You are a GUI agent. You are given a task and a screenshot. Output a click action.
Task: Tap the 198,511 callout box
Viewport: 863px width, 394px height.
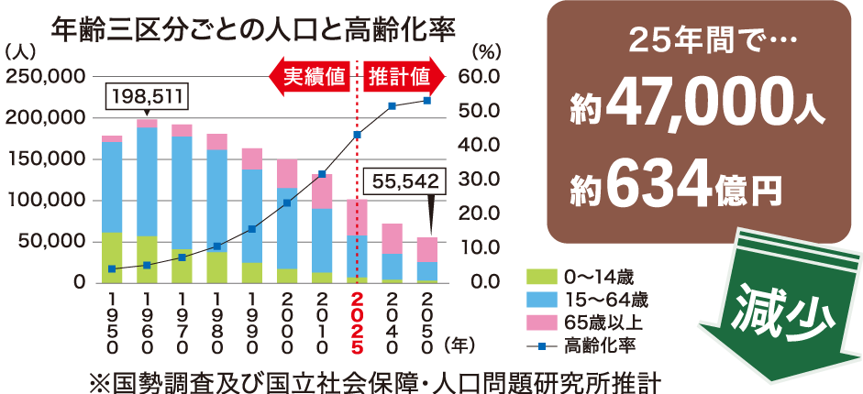[x=148, y=94]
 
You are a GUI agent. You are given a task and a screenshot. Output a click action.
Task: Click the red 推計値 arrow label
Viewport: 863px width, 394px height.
[x=399, y=76]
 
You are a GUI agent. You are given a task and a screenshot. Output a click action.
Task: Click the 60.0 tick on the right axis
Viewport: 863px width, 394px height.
[x=483, y=77]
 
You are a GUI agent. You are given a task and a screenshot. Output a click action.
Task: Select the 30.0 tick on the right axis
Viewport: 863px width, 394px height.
[x=483, y=180]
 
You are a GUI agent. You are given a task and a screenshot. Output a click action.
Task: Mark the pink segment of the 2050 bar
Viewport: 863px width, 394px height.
[x=426, y=249]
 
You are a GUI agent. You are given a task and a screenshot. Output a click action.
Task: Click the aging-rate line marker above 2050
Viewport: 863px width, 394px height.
[x=426, y=100]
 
